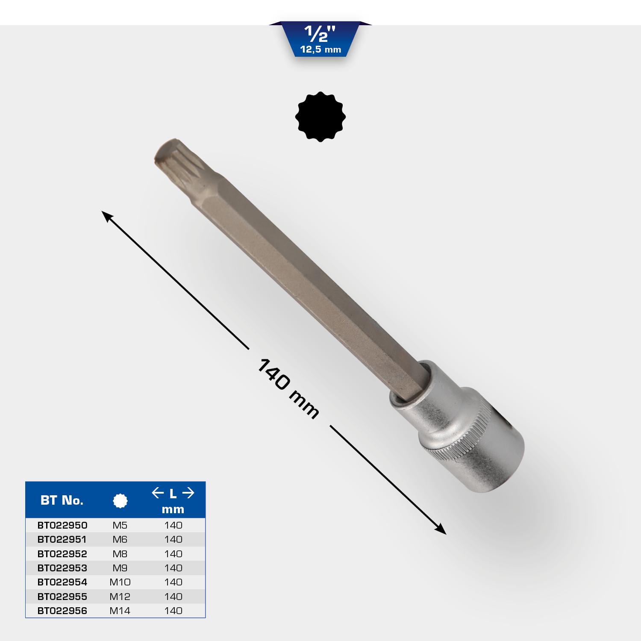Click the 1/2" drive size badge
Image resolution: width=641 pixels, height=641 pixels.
[x=320, y=39]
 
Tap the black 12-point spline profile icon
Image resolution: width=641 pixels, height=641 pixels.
[x=320, y=116]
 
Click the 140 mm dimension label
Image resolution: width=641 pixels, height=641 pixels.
[x=288, y=388]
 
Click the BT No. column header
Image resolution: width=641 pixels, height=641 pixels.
[x=62, y=500]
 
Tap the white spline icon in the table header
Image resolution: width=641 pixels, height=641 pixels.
[x=120, y=500]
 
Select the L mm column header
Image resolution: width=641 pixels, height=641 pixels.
[x=173, y=501]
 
